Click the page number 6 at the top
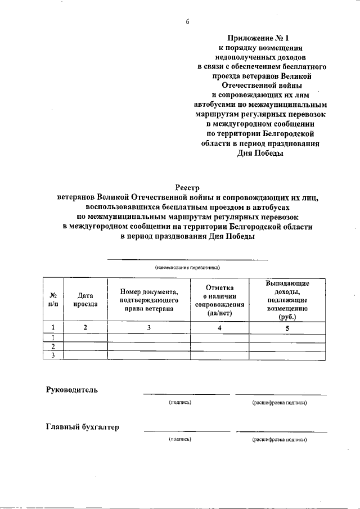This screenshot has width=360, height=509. coord(187,22)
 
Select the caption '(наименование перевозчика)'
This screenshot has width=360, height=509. coord(187,268)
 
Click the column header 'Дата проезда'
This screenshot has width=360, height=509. coord(85,299)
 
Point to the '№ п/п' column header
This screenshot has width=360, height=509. coord(52,299)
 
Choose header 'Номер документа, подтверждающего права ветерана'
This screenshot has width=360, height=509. coord(149,299)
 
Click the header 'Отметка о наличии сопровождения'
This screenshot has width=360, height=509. coord(223,299)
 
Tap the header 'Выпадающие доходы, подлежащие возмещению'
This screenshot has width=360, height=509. coord(287,299)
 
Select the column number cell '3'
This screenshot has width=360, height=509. coord(149,327)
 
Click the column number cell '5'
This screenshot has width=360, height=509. coord(287,327)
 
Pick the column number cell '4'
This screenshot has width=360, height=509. coord(223,327)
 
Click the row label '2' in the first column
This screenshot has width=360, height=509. coord(52,346)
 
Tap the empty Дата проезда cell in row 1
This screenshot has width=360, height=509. coord(85,338)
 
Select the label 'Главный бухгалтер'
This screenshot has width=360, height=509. coord(83,427)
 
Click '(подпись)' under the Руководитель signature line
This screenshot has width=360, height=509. coord(181,403)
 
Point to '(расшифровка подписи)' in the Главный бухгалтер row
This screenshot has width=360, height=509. coord(280,440)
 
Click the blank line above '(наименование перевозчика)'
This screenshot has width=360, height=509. coord(187,259)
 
